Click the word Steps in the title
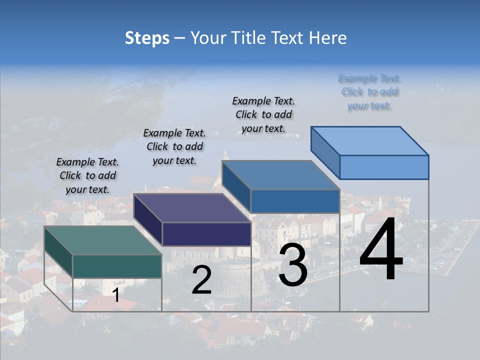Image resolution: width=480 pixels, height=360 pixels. point(147,38)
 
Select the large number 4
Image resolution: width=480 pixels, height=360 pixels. point(381,250)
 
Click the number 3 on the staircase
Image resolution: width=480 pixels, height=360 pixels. point(293,266)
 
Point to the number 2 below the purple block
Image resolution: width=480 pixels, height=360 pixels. point(201,280)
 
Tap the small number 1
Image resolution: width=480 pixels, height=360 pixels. point(115,295)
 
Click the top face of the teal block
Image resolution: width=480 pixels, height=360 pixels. point(102,240)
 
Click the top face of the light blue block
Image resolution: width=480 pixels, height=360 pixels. point(370,141)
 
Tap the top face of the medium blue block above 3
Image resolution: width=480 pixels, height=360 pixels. point(281,175)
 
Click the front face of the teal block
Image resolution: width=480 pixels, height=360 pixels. point(117,266)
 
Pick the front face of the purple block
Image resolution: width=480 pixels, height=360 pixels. point(206,234)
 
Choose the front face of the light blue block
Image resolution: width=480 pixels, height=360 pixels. point(384,167)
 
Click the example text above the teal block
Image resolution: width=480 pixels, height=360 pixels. point(87,175)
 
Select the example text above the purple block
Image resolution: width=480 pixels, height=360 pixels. point(174,146)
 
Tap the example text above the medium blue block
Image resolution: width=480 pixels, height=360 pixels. point(263,114)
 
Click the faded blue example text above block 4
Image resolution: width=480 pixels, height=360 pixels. point(369,92)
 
